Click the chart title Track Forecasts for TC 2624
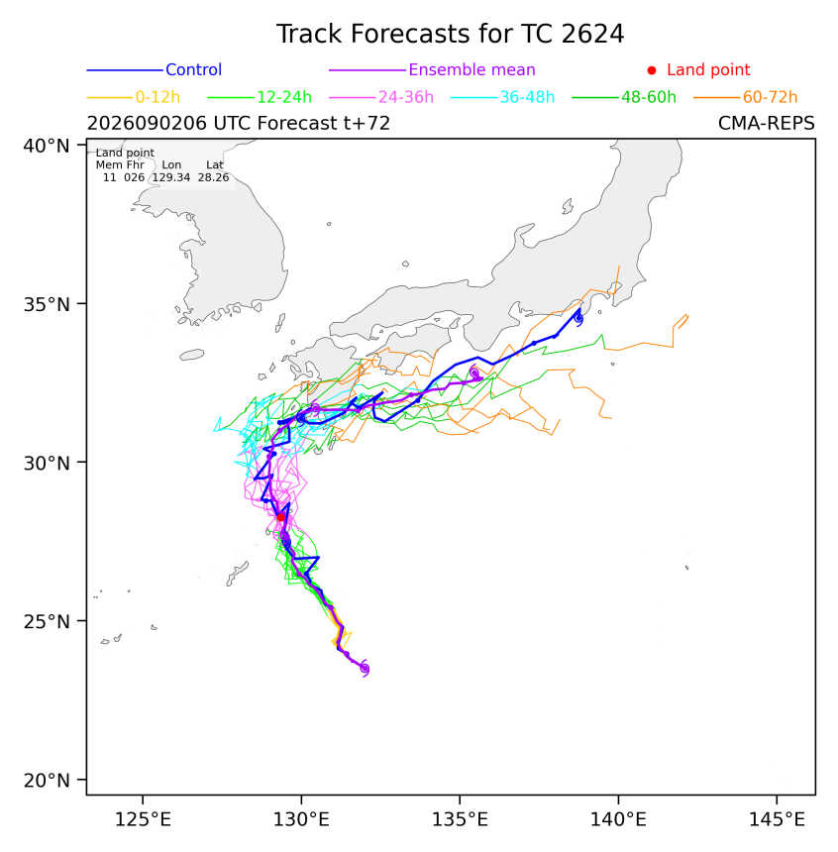450,34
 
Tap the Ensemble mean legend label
471,69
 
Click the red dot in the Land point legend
652,70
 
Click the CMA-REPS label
767,124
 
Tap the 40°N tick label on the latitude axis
47,146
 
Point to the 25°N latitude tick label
47,621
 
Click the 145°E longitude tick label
777,819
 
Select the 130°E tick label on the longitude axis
301,819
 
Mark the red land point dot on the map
280,517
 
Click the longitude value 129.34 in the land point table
171,177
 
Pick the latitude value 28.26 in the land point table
213,177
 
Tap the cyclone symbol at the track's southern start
365,669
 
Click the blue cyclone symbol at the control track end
578,318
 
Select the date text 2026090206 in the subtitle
147,124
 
